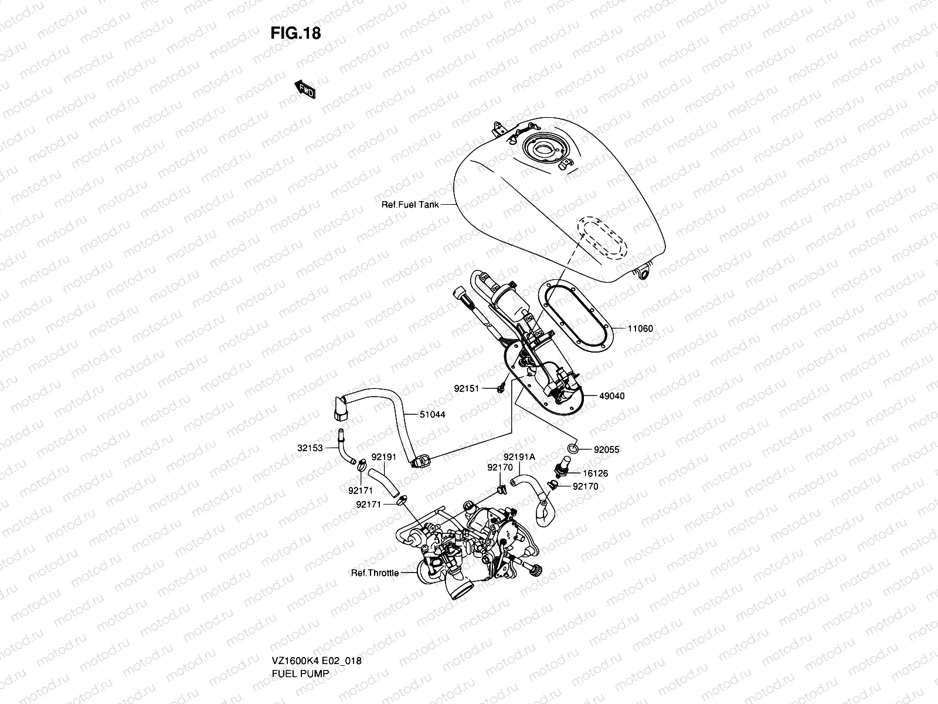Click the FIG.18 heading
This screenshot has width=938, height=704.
tap(295, 33)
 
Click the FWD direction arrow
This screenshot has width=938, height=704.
tap(305, 90)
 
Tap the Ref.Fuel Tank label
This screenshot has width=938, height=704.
tap(410, 205)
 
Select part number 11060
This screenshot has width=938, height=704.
tap(640, 329)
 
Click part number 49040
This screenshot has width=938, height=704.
tap(612, 396)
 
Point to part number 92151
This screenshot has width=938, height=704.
tap(467, 388)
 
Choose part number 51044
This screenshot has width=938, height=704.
tap(432, 414)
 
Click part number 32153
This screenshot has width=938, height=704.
tap(310, 448)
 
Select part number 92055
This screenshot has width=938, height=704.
tap(607, 450)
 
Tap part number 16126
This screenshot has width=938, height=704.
tap(595, 473)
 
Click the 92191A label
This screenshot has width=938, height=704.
tap(519, 456)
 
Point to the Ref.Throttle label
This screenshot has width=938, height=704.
tap(375, 573)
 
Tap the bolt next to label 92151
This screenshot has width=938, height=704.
tap(501, 388)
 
